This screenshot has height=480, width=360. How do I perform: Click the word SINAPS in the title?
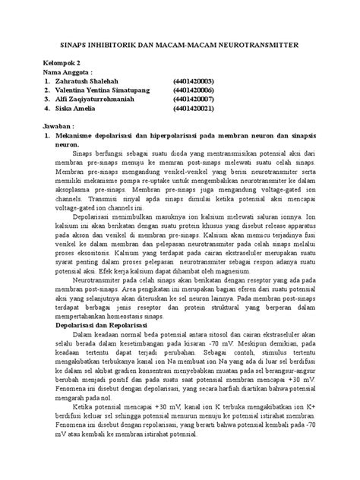(74, 46)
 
